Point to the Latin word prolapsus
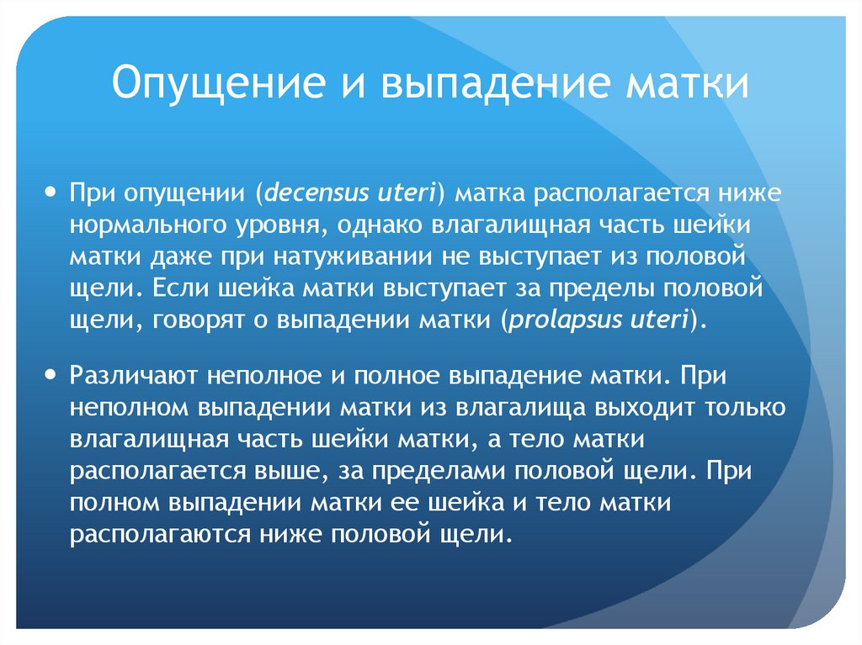tap(558, 320)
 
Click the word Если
tap(178, 289)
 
